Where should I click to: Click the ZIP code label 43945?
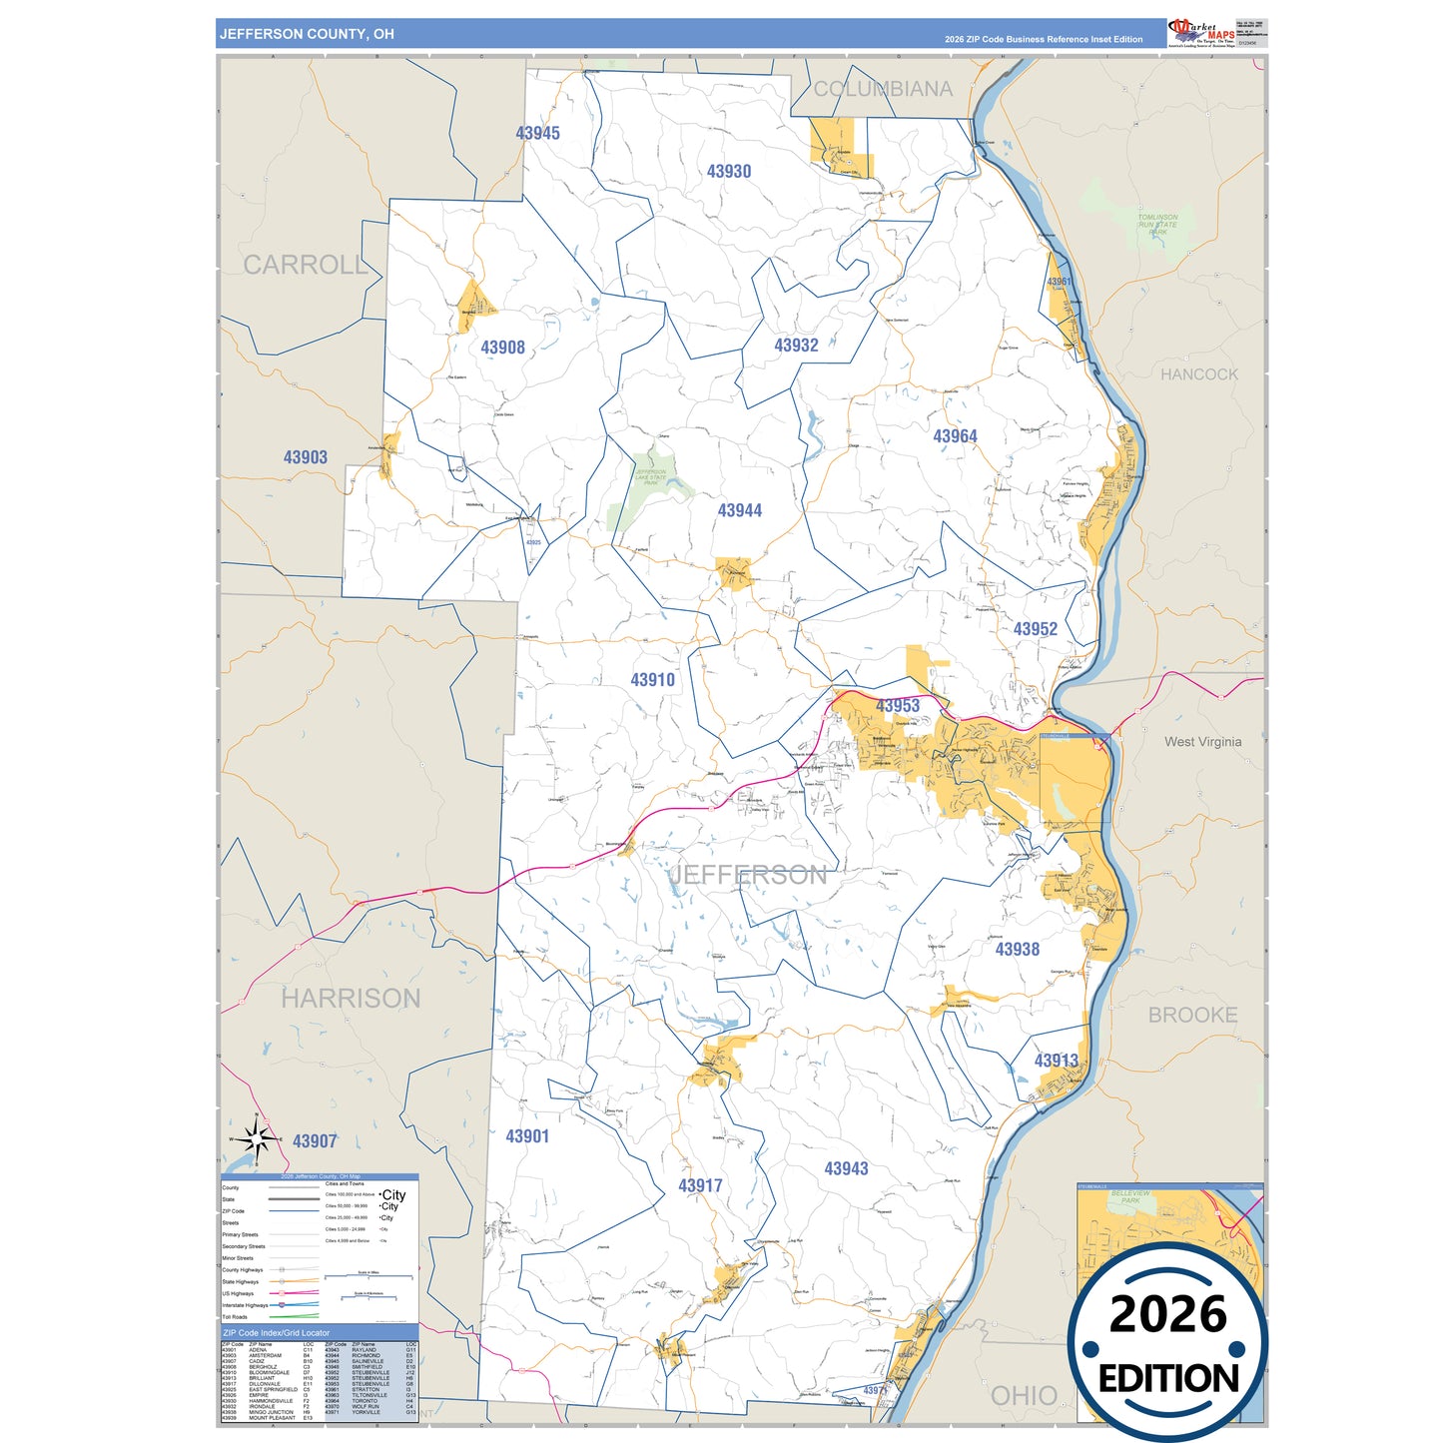click(x=537, y=133)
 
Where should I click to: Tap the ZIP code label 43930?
click(x=729, y=171)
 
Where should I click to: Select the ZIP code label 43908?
click(x=502, y=348)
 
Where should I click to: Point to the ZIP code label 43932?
click(x=796, y=346)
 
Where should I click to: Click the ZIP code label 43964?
click(x=955, y=436)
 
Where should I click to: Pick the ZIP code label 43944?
click(x=739, y=510)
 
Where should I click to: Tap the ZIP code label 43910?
click(x=652, y=680)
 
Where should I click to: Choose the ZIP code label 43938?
click(x=1017, y=950)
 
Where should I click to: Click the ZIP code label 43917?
click(x=700, y=1185)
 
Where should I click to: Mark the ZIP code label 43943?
click(x=846, y=1168)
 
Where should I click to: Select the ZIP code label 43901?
click(x=527, y=1136)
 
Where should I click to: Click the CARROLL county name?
click(x=306, y=265)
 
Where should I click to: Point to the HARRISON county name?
click(x=351, y=998)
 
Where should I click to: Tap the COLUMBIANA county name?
click(x=883, y=89)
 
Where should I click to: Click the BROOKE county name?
click(x=1192, y=1015)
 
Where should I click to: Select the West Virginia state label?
click(x=1202, y=742)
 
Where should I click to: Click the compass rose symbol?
click(x=257, y=1139)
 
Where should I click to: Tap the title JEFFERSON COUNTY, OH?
click(x=307, y=34)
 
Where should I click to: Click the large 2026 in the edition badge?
click(x=1167, y=1314)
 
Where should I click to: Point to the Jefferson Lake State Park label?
click(x=651, y=476)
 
